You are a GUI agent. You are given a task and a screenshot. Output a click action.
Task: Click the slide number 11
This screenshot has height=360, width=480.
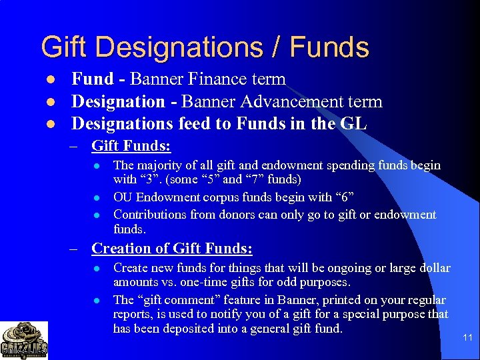coord(467,338)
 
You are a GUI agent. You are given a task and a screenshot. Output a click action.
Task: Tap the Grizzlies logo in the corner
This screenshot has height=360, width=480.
coord(24,341)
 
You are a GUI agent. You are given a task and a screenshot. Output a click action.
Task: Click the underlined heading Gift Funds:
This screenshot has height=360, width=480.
coord(131,145)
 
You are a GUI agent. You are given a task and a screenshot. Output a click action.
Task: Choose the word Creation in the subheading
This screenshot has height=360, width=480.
coord(123,249)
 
